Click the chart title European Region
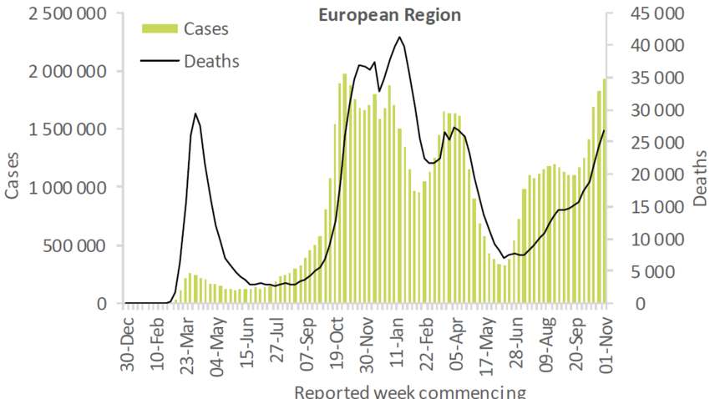click(x=389, y=15)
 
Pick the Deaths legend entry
click(x=211, y=61)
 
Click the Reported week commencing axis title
click(x=409, y=391)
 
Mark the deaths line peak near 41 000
click(x=400, y=38)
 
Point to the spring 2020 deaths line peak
click(x=195, y=114)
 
